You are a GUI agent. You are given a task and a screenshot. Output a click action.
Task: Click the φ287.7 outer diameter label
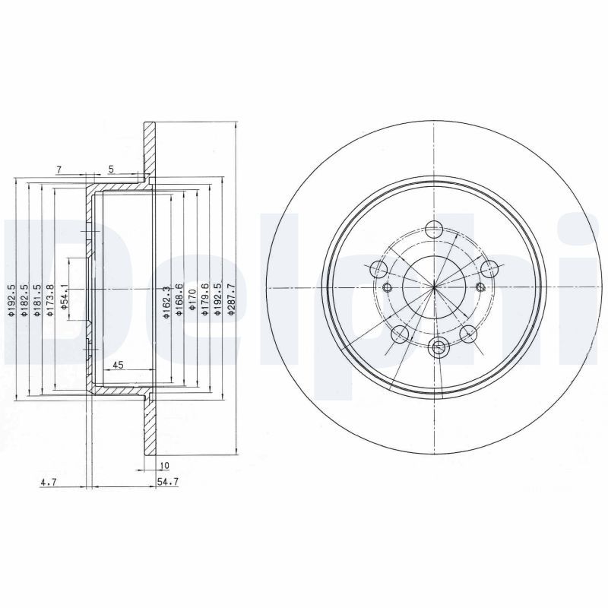coord(231,299)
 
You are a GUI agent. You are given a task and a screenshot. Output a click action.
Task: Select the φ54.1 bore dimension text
coord(65,297)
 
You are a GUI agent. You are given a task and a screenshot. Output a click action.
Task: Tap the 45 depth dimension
coord(118,365)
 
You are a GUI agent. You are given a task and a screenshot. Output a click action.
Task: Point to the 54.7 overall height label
coord(167,482)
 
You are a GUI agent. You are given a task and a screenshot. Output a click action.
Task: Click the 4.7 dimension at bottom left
coord(49,482)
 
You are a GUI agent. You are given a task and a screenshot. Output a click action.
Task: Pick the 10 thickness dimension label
coord(164,465)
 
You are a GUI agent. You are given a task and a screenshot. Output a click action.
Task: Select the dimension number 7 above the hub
coord(59,169)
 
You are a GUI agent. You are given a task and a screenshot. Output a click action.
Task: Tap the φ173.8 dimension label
coord(50,299)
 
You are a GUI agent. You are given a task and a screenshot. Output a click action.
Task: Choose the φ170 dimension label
coord(192,299)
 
